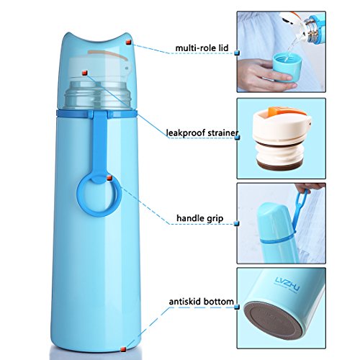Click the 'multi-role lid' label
click(202, 48)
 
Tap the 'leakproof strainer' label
click(202, 132)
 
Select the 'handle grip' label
click(200, 218)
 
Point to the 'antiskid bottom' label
click(201, 302)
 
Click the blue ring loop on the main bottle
click(99, 197)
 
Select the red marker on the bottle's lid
click(128, 42)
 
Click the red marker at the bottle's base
click(124, 348)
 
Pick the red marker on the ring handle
click(109, 178)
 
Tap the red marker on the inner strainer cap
click(85, 73)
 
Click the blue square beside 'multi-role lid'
click(237, 53)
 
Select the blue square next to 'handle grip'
click(237, 223)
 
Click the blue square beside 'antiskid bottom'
click(237, 307)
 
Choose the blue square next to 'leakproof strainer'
click(238, 138)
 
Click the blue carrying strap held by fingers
click(300, 208)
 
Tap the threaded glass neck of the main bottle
click(98, 94)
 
